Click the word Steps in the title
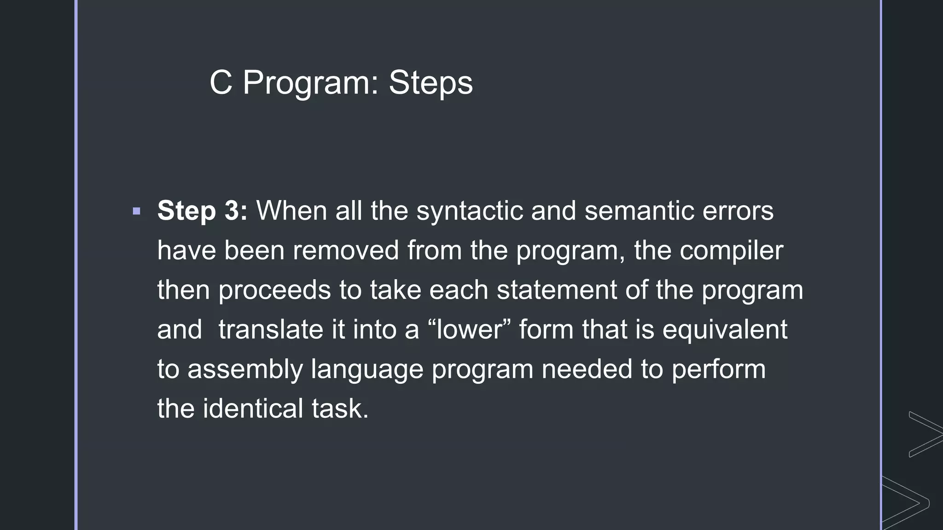pyautogui.click(x=431, y=83)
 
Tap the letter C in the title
pyautogui.click(x=221, y=83)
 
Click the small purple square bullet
pyautogui.click(x=136, y=212)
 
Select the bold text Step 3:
pyautogui.click(x=202, y=211)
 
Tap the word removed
pyautogui.click(x=345, y=251)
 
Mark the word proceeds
pyautogui.click(x=274, y=290)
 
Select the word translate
pyautogui.click(x=281, y=330)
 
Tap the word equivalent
pyautogui.click(x=725, y=330)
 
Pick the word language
pyautogui.click(x=367, y=369)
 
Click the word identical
pyautogui.click(x=253, y=409)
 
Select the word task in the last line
pyautogui.click(x=339, y=409)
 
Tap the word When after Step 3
pyautogui.click(x=291, y=211)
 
